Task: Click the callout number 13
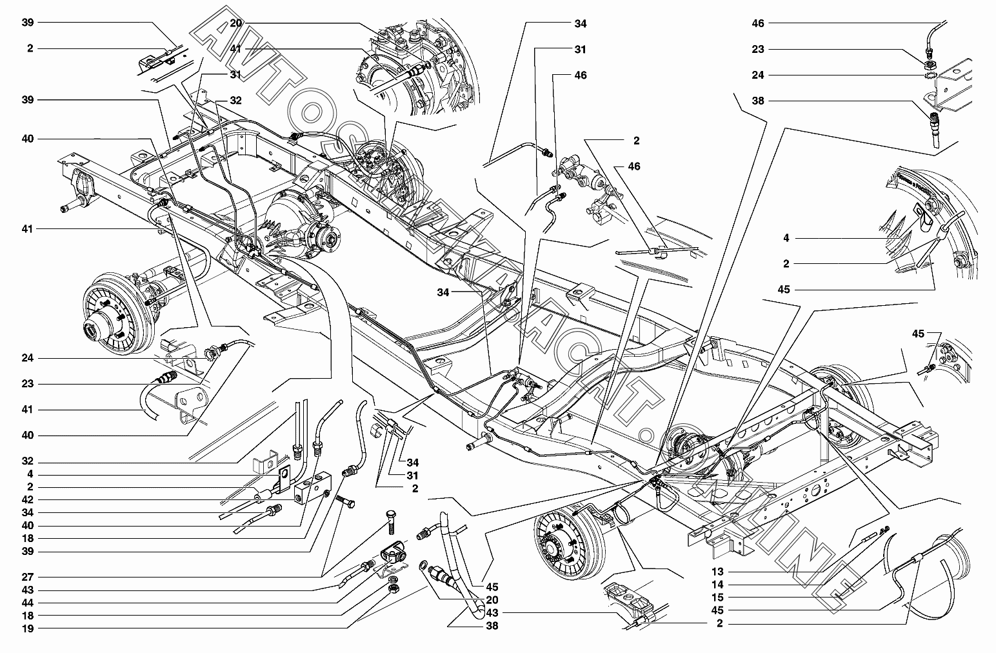tap(717, 572)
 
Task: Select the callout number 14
tap(717, 585)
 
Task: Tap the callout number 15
tap(717, 598)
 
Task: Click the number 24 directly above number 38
tap(757, 75)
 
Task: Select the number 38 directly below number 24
tap(757, 101)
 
